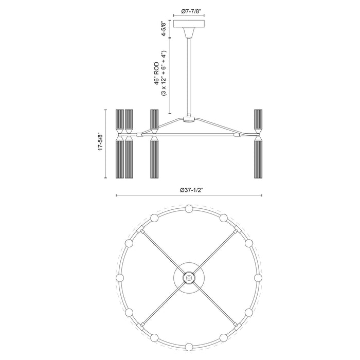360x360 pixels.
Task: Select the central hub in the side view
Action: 189,119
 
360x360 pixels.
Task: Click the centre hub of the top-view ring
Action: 189,278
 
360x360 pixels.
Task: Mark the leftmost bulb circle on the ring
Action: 120,278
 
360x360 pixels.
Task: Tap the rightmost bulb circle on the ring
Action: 258,278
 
